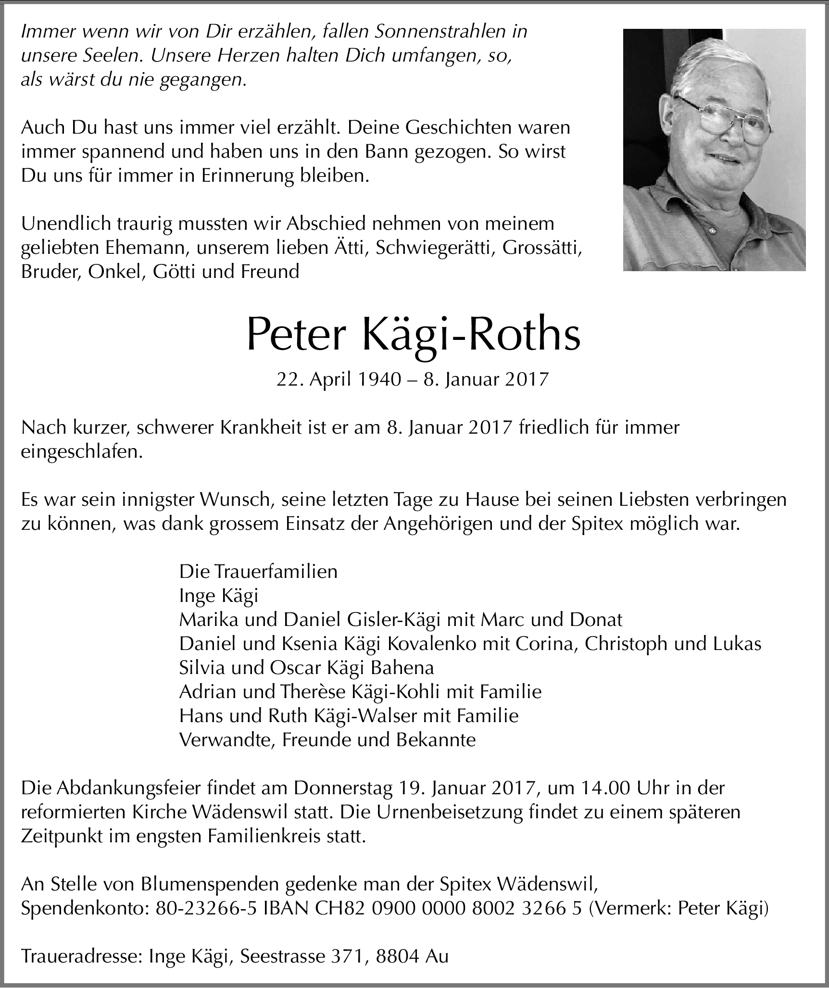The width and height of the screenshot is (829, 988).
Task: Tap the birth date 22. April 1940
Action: click(338, 380)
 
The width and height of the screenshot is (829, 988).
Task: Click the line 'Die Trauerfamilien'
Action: click(258, 571)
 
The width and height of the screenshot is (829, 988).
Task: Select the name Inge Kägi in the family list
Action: click(218, 595)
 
